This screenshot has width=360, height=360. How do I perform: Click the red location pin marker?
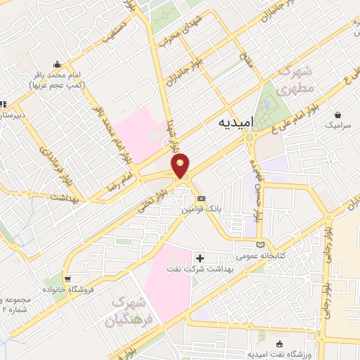tap(181, 165)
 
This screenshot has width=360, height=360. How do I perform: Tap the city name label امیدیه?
tap(230, 124)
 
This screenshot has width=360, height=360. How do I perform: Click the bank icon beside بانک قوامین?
tap(201, 198)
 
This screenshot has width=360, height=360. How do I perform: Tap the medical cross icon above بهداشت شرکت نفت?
tap(201, 259)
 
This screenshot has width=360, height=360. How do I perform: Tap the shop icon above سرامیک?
tap(339, 114)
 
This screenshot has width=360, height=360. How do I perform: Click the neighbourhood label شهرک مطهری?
tap(294, 81)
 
